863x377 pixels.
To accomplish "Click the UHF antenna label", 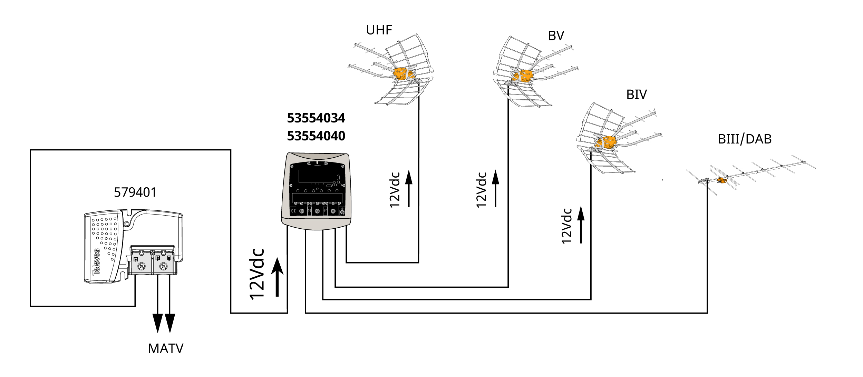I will click(x=379, y=30).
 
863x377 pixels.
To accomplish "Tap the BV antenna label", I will click(x=556, y=36).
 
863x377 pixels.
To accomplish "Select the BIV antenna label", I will click(x=636, y=95).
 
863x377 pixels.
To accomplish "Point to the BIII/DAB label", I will click(x=744, y=139).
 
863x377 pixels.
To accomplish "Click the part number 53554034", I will click(x=316, y=118).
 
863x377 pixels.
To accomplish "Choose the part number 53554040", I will click(x=316, y=136).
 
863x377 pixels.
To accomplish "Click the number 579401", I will click(x=135, y=192).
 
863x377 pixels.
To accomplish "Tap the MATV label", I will click(x=166, y=348).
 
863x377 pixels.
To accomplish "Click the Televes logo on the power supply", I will click(x=96, y=262).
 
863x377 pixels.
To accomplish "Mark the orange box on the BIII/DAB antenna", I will click(x=721, y=180).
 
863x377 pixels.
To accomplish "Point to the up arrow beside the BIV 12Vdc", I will click(x=581, y=225).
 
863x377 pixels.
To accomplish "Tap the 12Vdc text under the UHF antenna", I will click(x=395, y=190).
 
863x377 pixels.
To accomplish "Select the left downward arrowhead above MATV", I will click(x=158, y=323).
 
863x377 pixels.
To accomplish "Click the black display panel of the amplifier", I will click(x=317, y=176).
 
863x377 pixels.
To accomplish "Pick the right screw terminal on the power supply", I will click(x=163, y=266).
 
